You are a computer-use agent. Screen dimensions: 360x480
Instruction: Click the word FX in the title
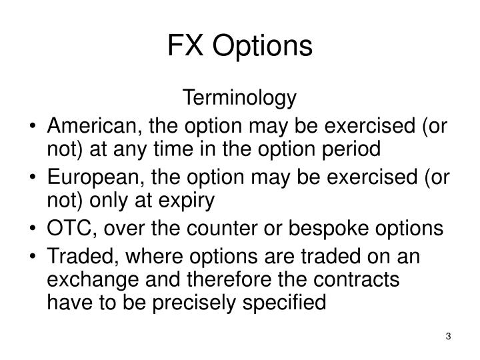click(x=181, y=46)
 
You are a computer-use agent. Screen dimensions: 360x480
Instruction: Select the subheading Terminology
click(x=239, y=99)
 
